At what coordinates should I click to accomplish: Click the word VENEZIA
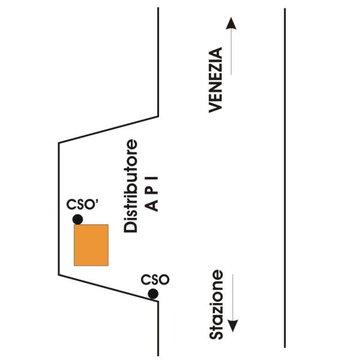(215, 80)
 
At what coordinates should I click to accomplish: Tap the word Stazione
(216, 304)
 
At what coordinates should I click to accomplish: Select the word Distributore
(130, 186)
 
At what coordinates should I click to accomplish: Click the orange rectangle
(91, 245)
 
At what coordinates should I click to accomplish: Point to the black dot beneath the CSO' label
(77, 219)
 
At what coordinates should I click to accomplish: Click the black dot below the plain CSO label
(153, 294)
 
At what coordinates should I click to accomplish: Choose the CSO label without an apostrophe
(155, 280)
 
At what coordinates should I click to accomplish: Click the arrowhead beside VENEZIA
(231, 23)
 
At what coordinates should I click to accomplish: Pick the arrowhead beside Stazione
(233, 326)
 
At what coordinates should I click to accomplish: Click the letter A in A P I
(152, 205)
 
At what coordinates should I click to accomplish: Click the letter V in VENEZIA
(215, 107)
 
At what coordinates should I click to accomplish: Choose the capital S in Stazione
(216, 335)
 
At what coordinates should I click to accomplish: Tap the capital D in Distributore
(130, 227)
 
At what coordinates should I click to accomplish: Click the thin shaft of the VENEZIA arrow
(231, 52)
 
